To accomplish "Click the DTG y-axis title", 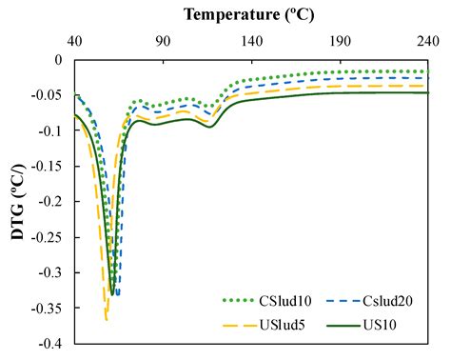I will pyautogui.click(x=18, y=199).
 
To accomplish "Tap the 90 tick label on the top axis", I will pyautogui.click(x=163, y=41).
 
